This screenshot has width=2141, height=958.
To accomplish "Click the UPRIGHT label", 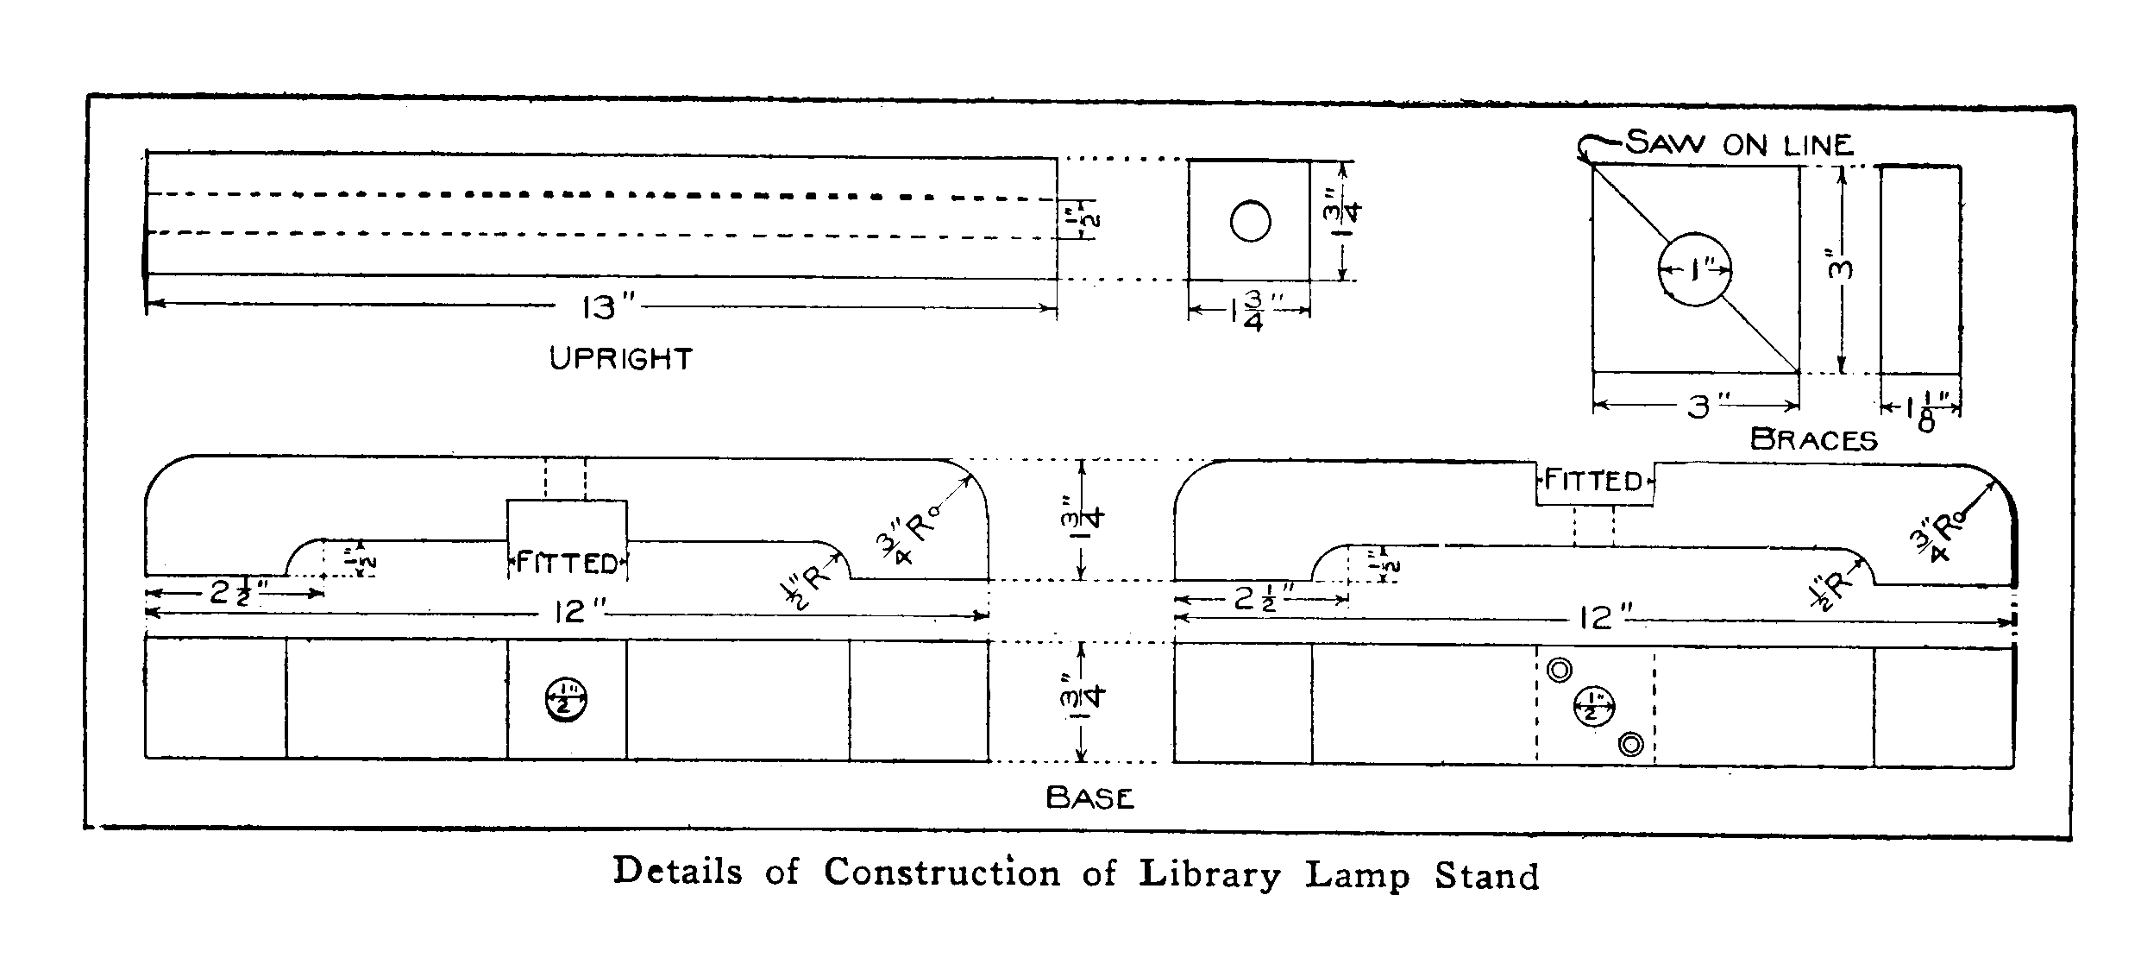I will (x=621, y=358).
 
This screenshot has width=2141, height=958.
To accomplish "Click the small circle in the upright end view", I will (x=1250, y=222).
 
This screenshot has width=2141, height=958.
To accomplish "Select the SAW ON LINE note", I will (x=1739, y=144).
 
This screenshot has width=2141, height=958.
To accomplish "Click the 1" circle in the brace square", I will (x=1695, y=269).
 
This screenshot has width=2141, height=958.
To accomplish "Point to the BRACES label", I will (x=1814, y=440).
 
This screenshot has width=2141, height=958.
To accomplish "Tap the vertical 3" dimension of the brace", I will (x=1841, y=269).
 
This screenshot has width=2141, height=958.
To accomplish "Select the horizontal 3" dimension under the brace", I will (x=1697, y=407).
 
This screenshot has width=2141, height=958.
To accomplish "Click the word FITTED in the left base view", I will (x=567, y=564).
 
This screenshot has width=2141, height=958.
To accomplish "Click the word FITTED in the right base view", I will (x=1593, y=480).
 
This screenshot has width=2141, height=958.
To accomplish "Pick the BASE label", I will (x=1089, y=797).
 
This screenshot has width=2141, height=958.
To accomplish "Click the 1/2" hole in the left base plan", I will (x=566, y=701).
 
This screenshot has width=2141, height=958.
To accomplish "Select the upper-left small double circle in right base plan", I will (x=1560, y=671).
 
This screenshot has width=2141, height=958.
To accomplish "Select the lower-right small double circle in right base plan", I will (x=1630, y=744).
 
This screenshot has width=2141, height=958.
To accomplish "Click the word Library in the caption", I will (x=1210, y=873).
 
